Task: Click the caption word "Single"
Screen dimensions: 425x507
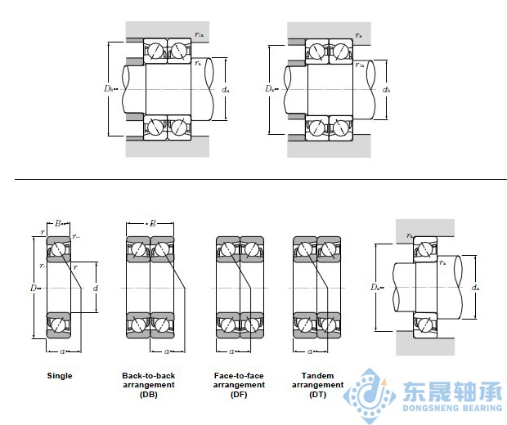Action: coord(60,376)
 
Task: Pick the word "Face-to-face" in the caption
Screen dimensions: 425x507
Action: coord(239,375)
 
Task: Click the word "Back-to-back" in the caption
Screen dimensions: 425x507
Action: coord(149,375)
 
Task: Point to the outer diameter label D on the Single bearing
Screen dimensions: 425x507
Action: coord(34,287)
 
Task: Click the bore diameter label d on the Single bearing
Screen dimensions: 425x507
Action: coord(95,287)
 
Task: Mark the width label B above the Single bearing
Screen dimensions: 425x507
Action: coord(59,222)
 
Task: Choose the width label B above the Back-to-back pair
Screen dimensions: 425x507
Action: coord(151,222)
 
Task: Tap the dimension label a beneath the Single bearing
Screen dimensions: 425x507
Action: coord(62,351)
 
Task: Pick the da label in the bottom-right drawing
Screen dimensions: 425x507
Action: coord(475,287)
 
